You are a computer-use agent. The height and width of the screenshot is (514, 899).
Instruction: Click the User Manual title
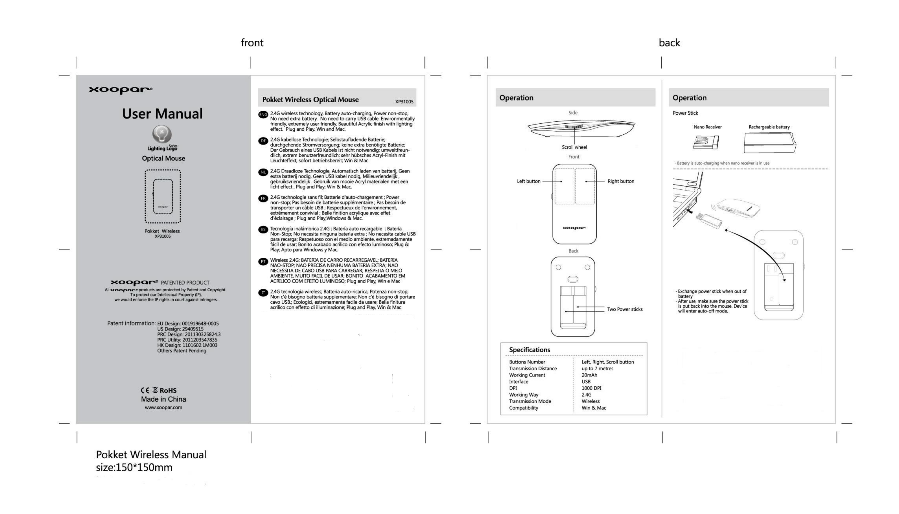click(162, 114)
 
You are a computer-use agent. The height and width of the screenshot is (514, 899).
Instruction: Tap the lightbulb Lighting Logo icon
click(162, 134)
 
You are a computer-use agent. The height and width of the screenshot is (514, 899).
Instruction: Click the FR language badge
click(263, 198)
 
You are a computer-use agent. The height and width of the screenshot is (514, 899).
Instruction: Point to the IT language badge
click(263, 293)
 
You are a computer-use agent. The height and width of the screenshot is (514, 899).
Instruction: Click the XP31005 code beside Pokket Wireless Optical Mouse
click(404, 102)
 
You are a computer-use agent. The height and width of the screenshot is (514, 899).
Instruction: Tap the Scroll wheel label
click(574, 147)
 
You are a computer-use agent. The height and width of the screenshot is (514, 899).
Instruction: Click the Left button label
click(528, 182)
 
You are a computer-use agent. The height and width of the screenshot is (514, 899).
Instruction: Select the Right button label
click(621, 182)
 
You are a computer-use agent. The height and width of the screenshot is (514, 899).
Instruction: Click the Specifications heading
click(529, 350)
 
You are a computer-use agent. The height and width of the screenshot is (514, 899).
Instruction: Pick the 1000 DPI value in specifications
click(591, 388)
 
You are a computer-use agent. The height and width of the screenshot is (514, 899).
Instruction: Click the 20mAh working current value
click(589, 375)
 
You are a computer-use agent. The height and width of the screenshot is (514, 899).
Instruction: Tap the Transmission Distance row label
click(532, 369)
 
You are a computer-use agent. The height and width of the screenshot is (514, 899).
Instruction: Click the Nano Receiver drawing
click(706, 142)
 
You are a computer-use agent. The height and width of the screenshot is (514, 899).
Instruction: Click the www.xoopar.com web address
click(164, 407)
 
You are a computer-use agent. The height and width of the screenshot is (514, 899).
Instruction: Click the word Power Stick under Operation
click(685, 113)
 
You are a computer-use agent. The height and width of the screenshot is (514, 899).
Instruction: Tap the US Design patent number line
click(180, 329)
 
